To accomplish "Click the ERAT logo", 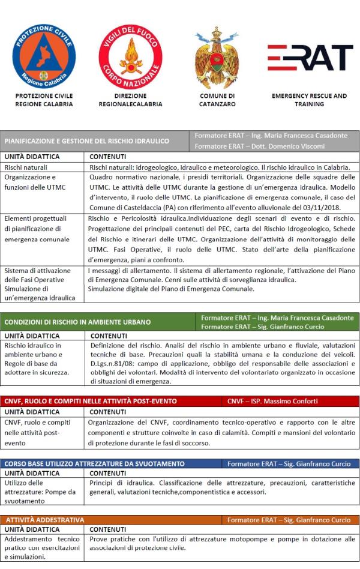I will (310, 58).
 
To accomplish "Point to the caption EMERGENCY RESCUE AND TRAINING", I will (309, 100).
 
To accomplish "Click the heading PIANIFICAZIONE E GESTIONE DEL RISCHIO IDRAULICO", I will (87, 142).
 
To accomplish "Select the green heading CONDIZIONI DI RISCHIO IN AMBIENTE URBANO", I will (77, 322).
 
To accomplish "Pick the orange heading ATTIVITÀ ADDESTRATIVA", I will (45, 519).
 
